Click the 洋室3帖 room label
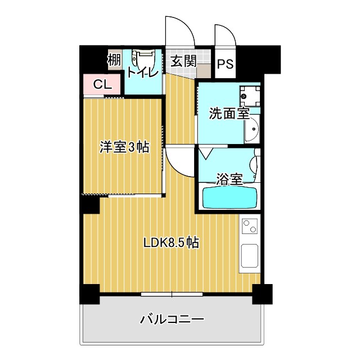pos(124,147)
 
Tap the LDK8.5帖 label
pos(170,243)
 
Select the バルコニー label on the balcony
pos(172,320)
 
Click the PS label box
pos(225,64)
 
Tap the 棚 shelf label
pos(114,60)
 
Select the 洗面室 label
pos(229,114)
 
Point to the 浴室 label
pos(229,180)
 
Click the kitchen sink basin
pos(249,258)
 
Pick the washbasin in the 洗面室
pos(252,130)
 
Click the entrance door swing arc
pos(179,33)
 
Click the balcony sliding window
pos(172,294)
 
